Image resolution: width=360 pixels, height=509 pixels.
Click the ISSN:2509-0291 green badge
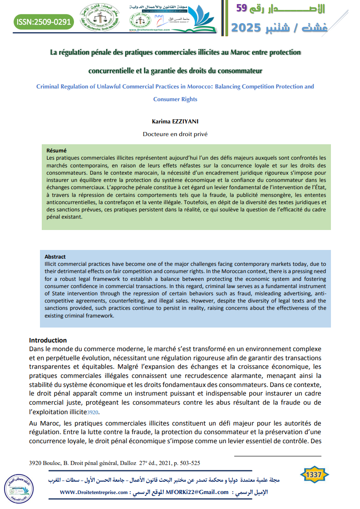point(44,21)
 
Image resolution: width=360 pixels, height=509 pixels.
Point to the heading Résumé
point(57,151)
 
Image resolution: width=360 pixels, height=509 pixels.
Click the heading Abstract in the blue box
point(55,257)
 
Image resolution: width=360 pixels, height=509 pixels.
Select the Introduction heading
point(48,340)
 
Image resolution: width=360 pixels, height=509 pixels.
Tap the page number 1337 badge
point(314,475)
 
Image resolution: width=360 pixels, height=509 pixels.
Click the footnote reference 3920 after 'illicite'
point(93,412)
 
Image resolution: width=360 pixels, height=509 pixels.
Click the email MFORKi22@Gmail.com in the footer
point(197,492)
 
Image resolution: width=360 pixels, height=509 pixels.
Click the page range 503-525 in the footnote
point(187,463)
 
